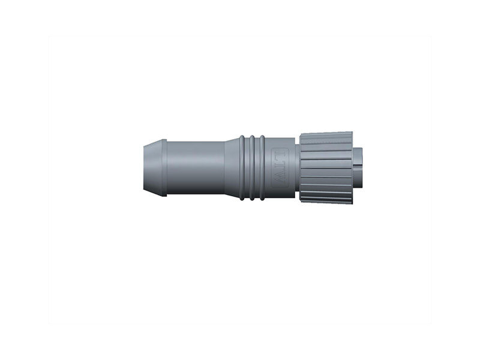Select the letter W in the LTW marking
(x=280, y=178)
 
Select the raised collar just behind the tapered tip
(x=161, y=167)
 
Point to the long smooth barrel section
(x=195, y=167)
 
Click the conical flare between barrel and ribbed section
(x=231, y=167)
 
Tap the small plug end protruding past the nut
(x=359, y=167)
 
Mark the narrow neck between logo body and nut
(x=296, y=167)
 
